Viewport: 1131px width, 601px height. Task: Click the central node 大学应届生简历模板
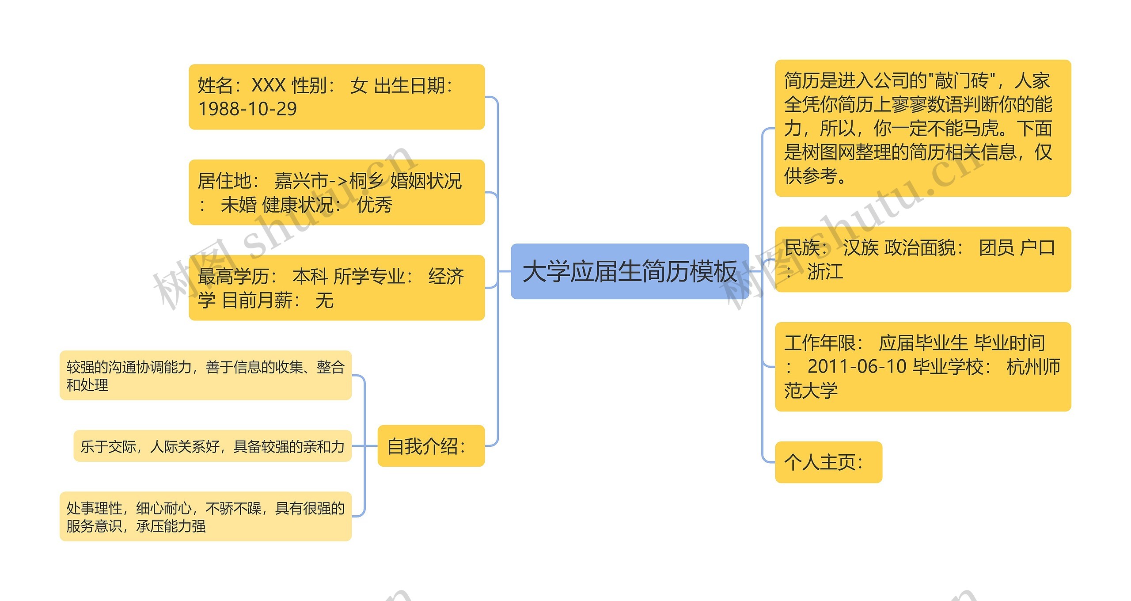point(630,271)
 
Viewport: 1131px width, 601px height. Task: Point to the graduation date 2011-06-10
point(857,367)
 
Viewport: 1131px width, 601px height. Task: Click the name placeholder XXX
point(269,85)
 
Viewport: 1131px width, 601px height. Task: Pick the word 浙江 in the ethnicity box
point(825,271)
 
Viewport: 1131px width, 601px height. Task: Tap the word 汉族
point(861,247)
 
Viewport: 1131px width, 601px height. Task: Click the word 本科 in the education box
point(310,277)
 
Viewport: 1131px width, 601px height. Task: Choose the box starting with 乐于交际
point(213,446)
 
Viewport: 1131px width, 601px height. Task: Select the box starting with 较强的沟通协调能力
point(205,376)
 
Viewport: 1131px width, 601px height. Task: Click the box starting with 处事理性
point(205,517)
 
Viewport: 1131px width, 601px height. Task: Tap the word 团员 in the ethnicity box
point(997,247)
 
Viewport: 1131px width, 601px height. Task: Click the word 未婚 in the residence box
point(239,205)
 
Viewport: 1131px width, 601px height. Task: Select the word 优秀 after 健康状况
point(375,205)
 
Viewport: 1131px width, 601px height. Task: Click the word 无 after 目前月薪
point(325,300)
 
